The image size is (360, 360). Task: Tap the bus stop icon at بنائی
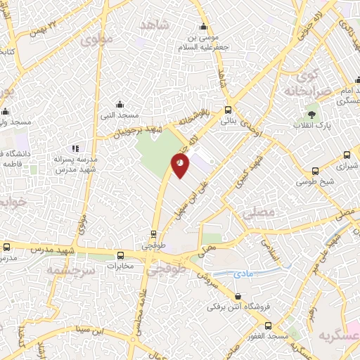227,110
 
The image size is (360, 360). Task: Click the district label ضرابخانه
307,91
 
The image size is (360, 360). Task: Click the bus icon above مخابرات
121,255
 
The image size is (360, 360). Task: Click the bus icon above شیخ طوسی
315,170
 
